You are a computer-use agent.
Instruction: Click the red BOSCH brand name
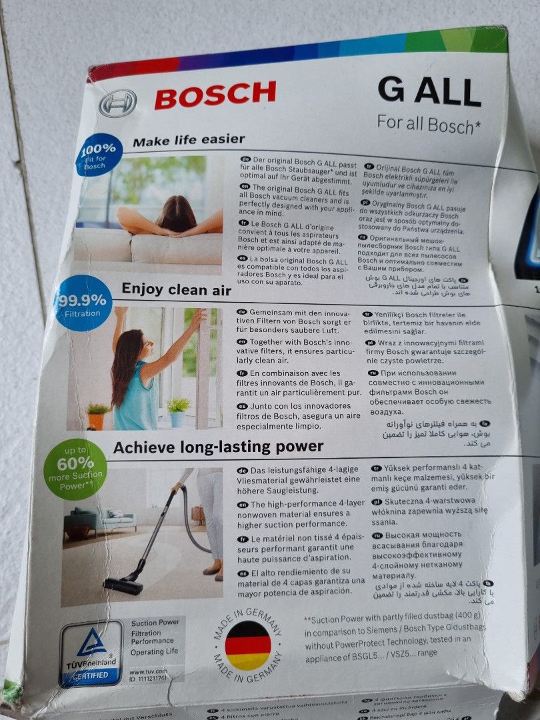pyautogui.click(x=215, y=95)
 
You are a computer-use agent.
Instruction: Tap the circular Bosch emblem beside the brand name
pyautogui.click(x=117, y=103)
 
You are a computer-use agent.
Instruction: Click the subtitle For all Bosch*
pyautogui.click(x=429, y=124)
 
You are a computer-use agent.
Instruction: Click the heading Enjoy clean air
pyautogui.click(x=176, y=289)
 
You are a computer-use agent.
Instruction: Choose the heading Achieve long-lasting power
pyautogui.click(x=218, y=447)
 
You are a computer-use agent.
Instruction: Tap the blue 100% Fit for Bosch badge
pyautogui.click(x=98, y=155)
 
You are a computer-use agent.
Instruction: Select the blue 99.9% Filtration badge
pyautogui.click(x=83, y=303)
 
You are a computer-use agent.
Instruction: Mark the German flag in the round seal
pyautogui.click(x=248, y=645)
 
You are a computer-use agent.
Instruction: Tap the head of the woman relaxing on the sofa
pyautogui.click(x=176, y=214)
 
